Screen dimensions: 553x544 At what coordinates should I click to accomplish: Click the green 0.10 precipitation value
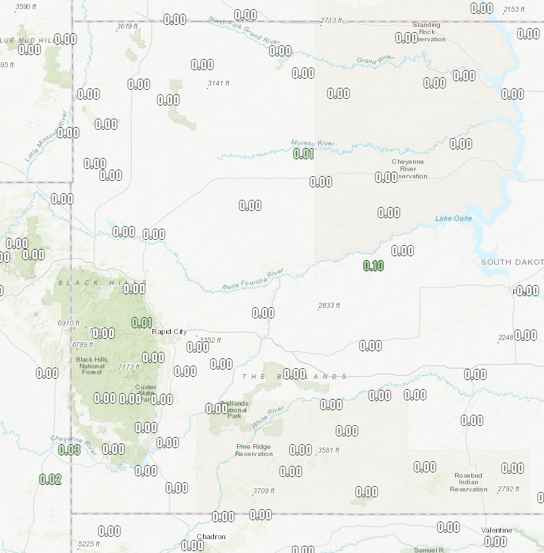(x=373, y=265)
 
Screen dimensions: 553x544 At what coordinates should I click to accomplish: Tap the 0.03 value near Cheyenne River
(x=69, y=449)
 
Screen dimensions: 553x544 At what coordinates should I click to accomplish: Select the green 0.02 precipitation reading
(x=50, y=479)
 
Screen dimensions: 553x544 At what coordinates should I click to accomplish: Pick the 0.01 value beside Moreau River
(x=303, y=154)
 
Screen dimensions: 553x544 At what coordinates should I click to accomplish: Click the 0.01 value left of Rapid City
(x=142, y=322)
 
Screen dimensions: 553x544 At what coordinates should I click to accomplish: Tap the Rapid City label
(x=170, y=332)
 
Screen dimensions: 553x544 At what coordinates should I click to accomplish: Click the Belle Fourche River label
(x=253, y=280)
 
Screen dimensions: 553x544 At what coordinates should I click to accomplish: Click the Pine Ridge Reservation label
(x=254, y=450)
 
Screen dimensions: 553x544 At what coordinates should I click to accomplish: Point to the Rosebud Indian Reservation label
(x=469, y=483)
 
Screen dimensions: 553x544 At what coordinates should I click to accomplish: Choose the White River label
(x=268, y=417)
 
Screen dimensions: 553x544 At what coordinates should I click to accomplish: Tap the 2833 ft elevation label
(x=329, y=305)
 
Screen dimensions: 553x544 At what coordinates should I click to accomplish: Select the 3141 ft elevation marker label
(x=219, y=83)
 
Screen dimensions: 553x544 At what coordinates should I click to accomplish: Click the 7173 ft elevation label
(x=129, y=367)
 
